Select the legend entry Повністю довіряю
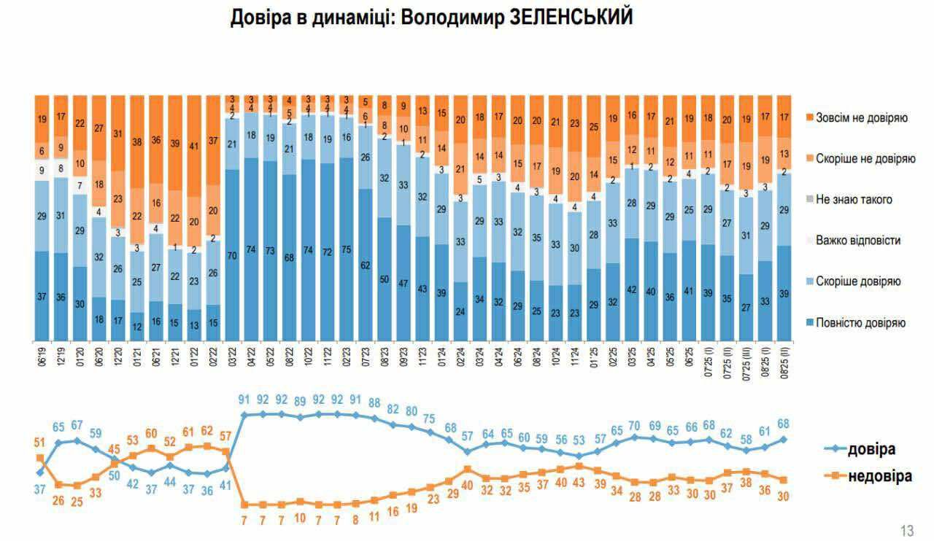(x=861, y=322)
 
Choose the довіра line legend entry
(x=870, y=449)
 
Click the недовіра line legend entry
(x=879, y=477)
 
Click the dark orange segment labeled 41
(x=195, y=146)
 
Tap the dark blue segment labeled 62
(x=366, y=265)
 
